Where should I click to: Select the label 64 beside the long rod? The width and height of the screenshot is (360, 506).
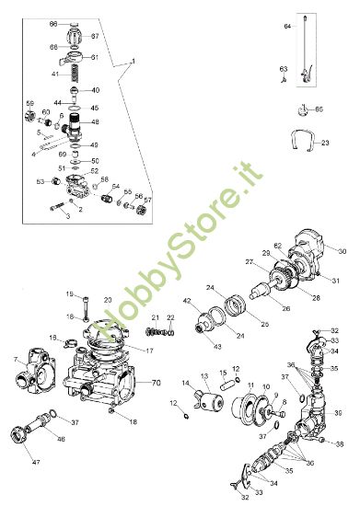coord(287,28)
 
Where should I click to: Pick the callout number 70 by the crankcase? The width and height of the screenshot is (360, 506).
coord(156,382)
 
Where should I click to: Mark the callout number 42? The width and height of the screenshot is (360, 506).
coord(186,301)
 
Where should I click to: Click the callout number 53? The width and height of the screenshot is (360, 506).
coord(40,182)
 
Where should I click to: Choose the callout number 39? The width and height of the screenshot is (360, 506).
coord(338,413)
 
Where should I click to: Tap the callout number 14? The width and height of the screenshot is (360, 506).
coord(184,383)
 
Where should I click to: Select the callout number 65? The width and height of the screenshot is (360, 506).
coord(319,109)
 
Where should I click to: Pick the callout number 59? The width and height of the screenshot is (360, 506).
coord(29,103)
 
